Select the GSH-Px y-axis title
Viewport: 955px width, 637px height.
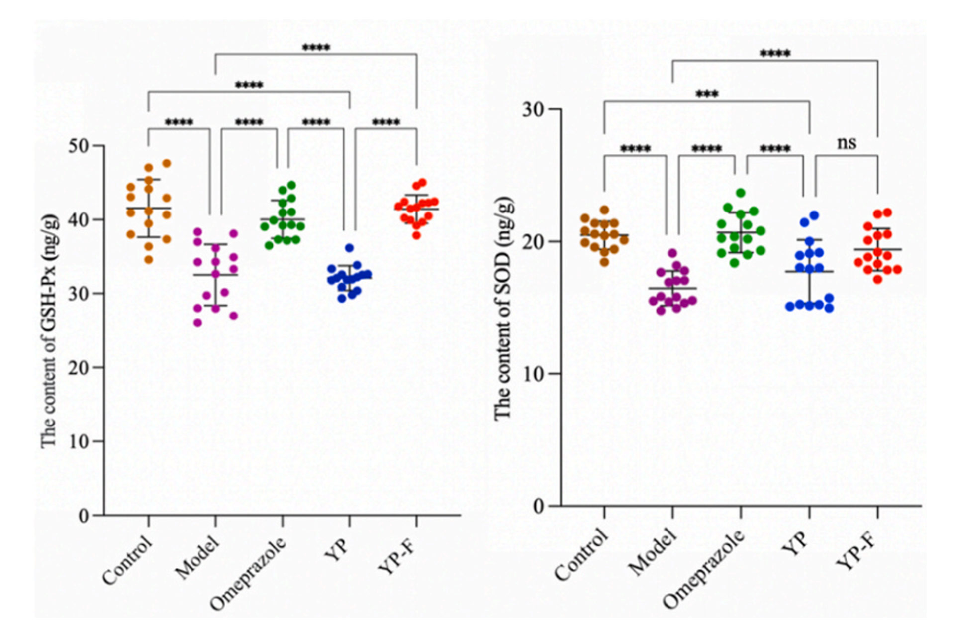(x=50, y=331)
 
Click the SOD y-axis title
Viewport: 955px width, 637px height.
(x=503, y=309)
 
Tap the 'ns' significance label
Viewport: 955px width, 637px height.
(x=846, y=143)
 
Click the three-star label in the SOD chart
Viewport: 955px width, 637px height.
(x=707, y=94)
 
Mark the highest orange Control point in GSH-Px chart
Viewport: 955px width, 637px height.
(x=167, y=163)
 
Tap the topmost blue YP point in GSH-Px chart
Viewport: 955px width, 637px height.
(x=349, y=248)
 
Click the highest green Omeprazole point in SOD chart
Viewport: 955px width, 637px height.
(x=741, y=193)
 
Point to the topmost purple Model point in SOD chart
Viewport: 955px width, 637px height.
(x=672, y=253)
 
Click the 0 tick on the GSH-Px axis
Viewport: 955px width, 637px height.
(x=84, y=516)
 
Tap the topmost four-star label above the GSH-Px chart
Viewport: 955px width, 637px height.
(x=316, y=48)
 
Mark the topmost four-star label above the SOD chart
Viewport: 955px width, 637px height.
(x=775, y=54)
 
